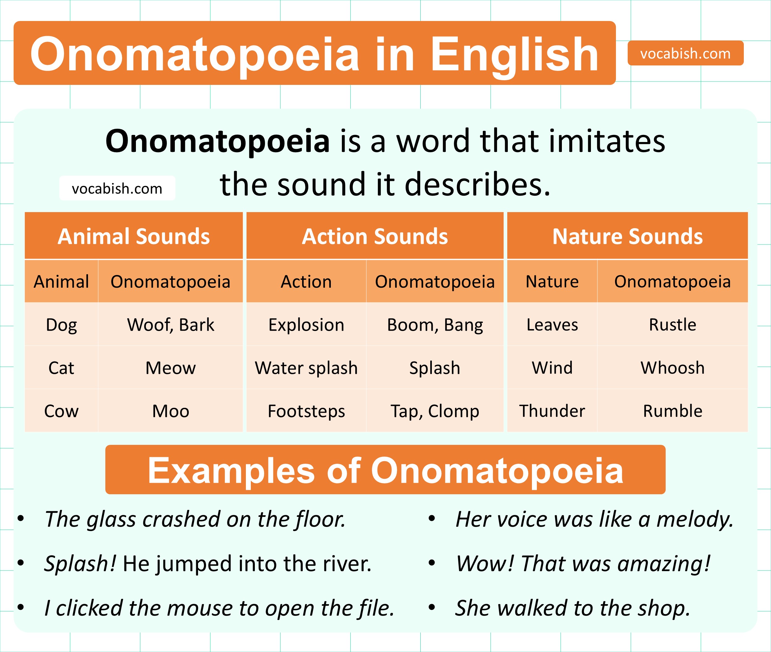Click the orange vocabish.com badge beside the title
tap(685, 53)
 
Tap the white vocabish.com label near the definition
tap(117, 188)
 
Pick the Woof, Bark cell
tap(171, 324)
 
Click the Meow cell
tap(171, 368)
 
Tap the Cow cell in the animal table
tap(61, 411)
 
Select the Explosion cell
tap(306, 324)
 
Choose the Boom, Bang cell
tap(435, 324)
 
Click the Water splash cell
tap(306, 368)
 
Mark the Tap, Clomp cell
tap(435, 411)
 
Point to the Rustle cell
tap(672, 324)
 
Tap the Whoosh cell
tap(672, 368)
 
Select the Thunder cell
tap(552, 411)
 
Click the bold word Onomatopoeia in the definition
tap(217, 141)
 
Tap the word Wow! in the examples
tap(485, 563)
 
